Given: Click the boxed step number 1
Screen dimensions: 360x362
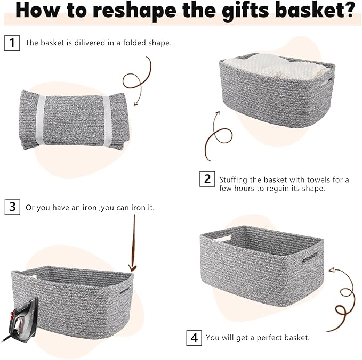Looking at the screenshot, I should pos(12,43).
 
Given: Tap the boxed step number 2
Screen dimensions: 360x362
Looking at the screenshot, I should pos(207,179).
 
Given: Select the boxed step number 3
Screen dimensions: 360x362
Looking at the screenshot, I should pos(12,207).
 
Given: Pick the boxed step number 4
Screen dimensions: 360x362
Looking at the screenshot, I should pos(194,337).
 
